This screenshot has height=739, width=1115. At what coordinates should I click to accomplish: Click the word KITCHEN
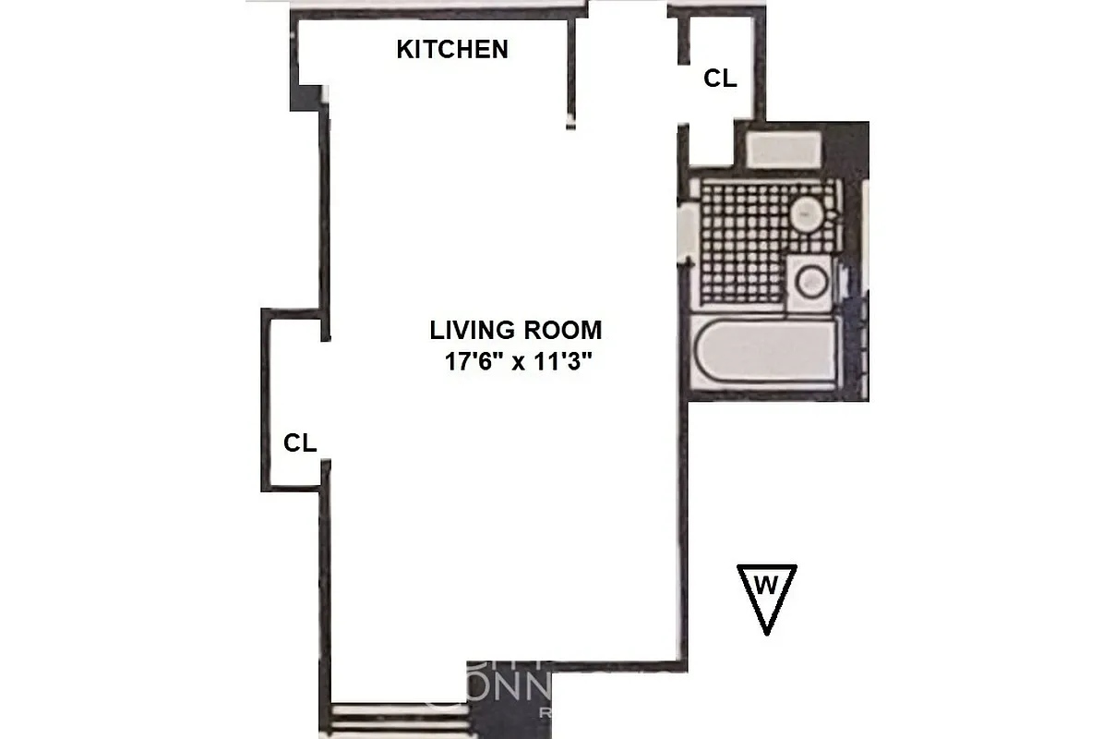451,50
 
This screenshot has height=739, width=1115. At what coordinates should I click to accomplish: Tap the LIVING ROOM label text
515,330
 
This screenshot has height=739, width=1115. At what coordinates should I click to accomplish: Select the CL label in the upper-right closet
720,79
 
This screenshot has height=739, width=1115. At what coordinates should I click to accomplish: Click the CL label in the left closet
300,443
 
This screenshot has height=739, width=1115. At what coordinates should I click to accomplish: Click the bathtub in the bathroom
764,354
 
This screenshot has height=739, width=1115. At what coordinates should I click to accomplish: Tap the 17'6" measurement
473,361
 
